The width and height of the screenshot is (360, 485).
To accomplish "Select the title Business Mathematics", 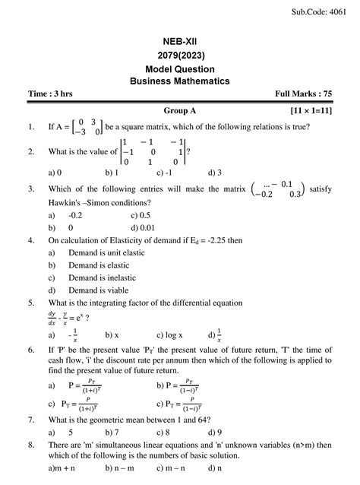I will (179, 81).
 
